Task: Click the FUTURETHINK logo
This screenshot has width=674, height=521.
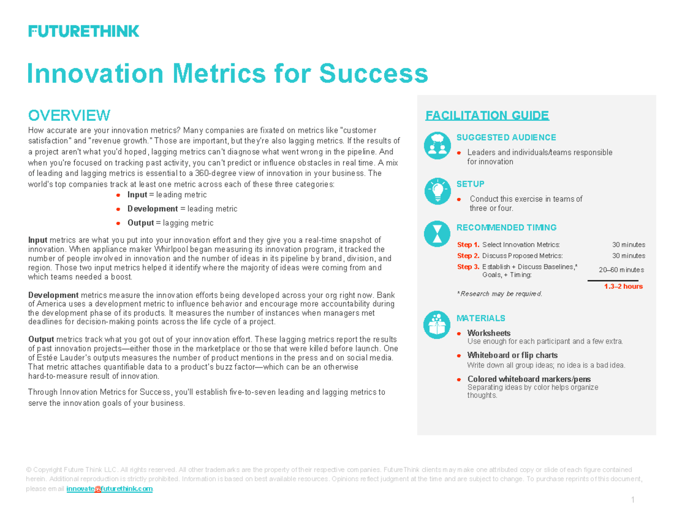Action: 84,31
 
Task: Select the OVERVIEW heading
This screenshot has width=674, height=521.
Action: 69,115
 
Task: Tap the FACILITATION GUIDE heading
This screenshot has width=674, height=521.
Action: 487,116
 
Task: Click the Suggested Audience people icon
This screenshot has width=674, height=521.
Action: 437,144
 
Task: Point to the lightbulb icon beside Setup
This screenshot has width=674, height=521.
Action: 437,190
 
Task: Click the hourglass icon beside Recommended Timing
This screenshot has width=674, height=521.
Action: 437,234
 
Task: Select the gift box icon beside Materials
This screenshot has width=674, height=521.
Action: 437,325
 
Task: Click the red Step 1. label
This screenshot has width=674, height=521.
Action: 468,245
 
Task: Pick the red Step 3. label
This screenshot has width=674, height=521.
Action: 468,267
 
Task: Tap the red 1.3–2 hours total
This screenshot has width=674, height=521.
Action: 623,287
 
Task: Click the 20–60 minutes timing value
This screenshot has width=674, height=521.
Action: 621,270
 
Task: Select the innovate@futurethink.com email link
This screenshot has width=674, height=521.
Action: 110,489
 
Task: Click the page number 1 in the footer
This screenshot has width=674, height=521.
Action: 632,500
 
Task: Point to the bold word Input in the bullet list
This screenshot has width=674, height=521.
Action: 137,194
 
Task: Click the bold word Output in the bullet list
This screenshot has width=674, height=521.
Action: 140,223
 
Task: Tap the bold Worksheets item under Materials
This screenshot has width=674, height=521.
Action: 489,333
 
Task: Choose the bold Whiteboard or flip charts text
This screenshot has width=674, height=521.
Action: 512,355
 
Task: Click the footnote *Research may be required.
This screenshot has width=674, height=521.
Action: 499,293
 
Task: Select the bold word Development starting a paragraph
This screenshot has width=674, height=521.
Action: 53,295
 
